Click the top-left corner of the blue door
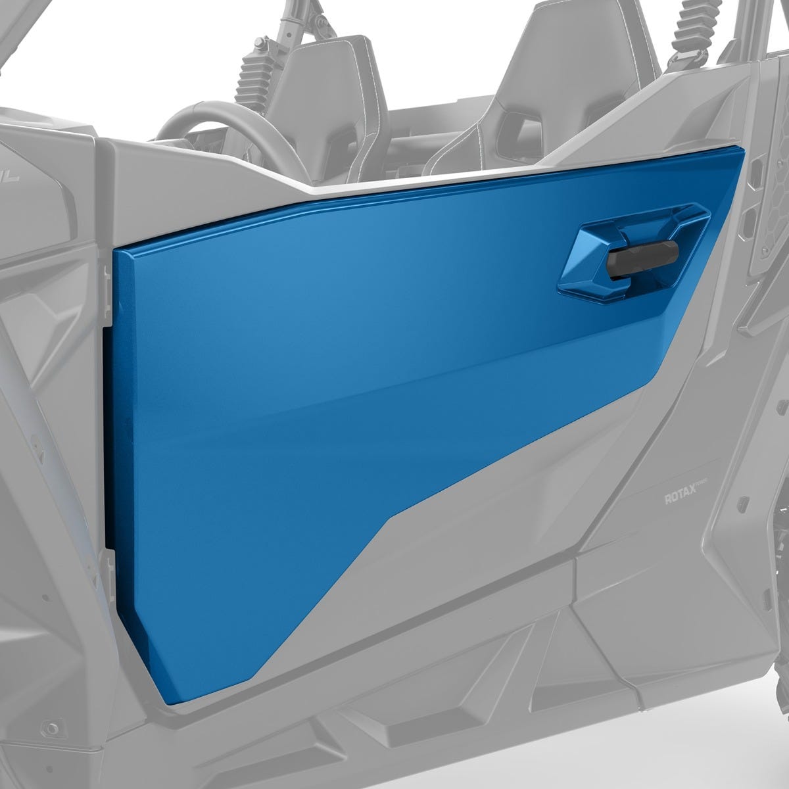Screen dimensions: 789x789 coord(116,250)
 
